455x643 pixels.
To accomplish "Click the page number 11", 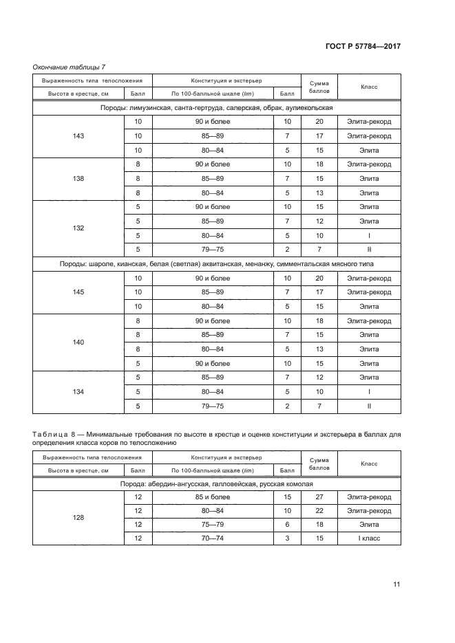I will pyautogui.click(x=396, y=585).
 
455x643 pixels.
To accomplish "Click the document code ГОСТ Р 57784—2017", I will pyautogui.click(x=363, y=47).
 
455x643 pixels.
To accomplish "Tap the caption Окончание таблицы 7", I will pyautogui.click(x=69, y=67).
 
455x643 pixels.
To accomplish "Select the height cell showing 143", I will pyautogui.click(x=78, y=136).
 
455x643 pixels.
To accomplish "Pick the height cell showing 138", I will pyautogui.click(x=78, y=179).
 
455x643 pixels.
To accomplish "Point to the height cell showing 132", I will pyautogui.click(x=78, y=228).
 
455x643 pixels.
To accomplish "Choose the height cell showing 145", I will pyautogui.click(x=78, y=292).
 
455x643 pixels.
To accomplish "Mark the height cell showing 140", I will pyautogui.click(x=78, y=342).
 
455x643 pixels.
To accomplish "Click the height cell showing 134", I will pyautogui.click(x=78, y=391).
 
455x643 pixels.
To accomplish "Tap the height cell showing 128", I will pyautogui.click(x=78, y=518).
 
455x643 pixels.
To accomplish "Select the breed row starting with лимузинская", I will pyautogui.click(x=216, y=108).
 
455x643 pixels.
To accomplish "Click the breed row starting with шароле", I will pyautogui.click(x=216, y=264).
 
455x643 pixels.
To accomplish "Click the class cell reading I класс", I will pyautogui.click(x=369, y=538).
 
